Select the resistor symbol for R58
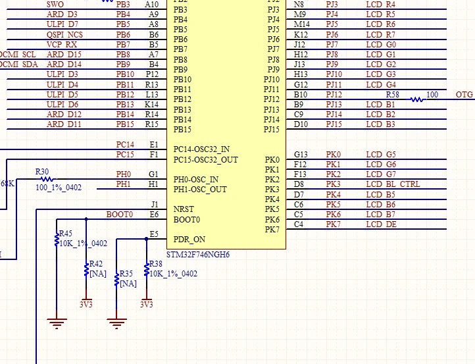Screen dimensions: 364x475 pos(416,99)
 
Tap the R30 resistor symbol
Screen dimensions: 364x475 pos(45,178)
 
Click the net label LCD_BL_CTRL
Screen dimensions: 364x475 pos(393,184)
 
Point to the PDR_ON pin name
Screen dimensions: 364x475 pos(189,240)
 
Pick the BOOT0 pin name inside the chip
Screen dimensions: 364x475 pos(187,220)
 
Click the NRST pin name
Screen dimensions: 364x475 pos(184,209)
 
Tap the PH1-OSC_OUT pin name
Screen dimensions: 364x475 pos(200,190)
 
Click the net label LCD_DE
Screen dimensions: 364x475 pos(381,224)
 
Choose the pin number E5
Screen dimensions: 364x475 pos(154,234)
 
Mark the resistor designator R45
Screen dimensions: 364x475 pos(65,234)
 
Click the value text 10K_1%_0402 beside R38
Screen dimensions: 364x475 pos(173,273)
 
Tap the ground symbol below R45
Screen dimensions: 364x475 pos(57,322)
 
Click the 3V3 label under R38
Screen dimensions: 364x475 pos(146,305)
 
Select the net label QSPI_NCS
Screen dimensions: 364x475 pos(65,34)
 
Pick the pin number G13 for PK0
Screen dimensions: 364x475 pos(301,155)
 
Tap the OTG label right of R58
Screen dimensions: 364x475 pos(464,95)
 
